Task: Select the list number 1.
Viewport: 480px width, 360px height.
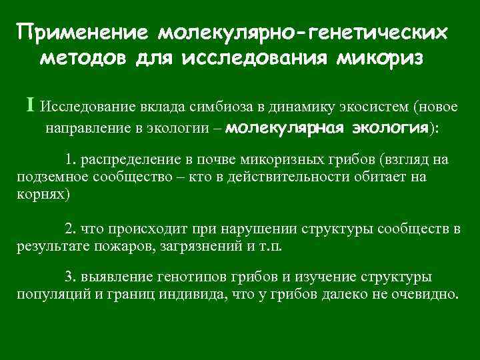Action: point(69,160)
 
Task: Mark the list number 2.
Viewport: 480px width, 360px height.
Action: point(69,229)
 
